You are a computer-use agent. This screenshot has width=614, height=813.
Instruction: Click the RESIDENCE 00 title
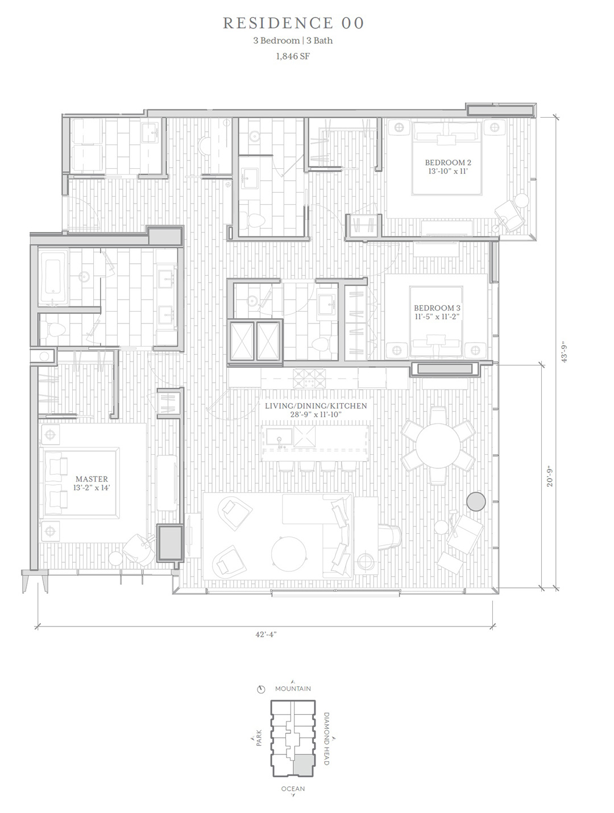coord(293,23)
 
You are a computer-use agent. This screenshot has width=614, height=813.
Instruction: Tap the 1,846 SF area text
coord(293,56)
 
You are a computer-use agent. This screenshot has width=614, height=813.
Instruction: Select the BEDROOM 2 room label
coord(448,163)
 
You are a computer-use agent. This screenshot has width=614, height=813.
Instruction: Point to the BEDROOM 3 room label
coord(437,308)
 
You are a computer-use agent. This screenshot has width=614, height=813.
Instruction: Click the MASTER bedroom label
coord(92,479)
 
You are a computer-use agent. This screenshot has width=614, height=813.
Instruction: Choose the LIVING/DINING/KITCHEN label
coord(316,405)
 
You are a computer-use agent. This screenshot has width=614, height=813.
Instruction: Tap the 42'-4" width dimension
coord(266,634)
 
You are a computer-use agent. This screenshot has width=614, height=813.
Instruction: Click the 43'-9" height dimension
coord(564,352)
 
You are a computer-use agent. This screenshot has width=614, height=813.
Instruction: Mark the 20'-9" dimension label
coord(550,476)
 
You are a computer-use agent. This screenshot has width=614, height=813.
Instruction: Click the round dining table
coord(438,446)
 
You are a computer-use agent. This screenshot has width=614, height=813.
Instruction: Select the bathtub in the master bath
coord(53,277)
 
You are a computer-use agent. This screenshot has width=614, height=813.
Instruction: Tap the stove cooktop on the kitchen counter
coord(309,378)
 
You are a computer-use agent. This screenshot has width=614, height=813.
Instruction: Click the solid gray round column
coord(476,501)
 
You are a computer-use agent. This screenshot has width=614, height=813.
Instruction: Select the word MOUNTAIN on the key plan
coord(293,688)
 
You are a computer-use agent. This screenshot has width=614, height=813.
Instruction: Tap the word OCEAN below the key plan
coord(293,789)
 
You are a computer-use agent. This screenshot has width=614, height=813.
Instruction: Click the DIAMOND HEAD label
coord(327,739)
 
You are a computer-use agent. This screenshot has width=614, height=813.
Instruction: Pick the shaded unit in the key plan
coord(304,765)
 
